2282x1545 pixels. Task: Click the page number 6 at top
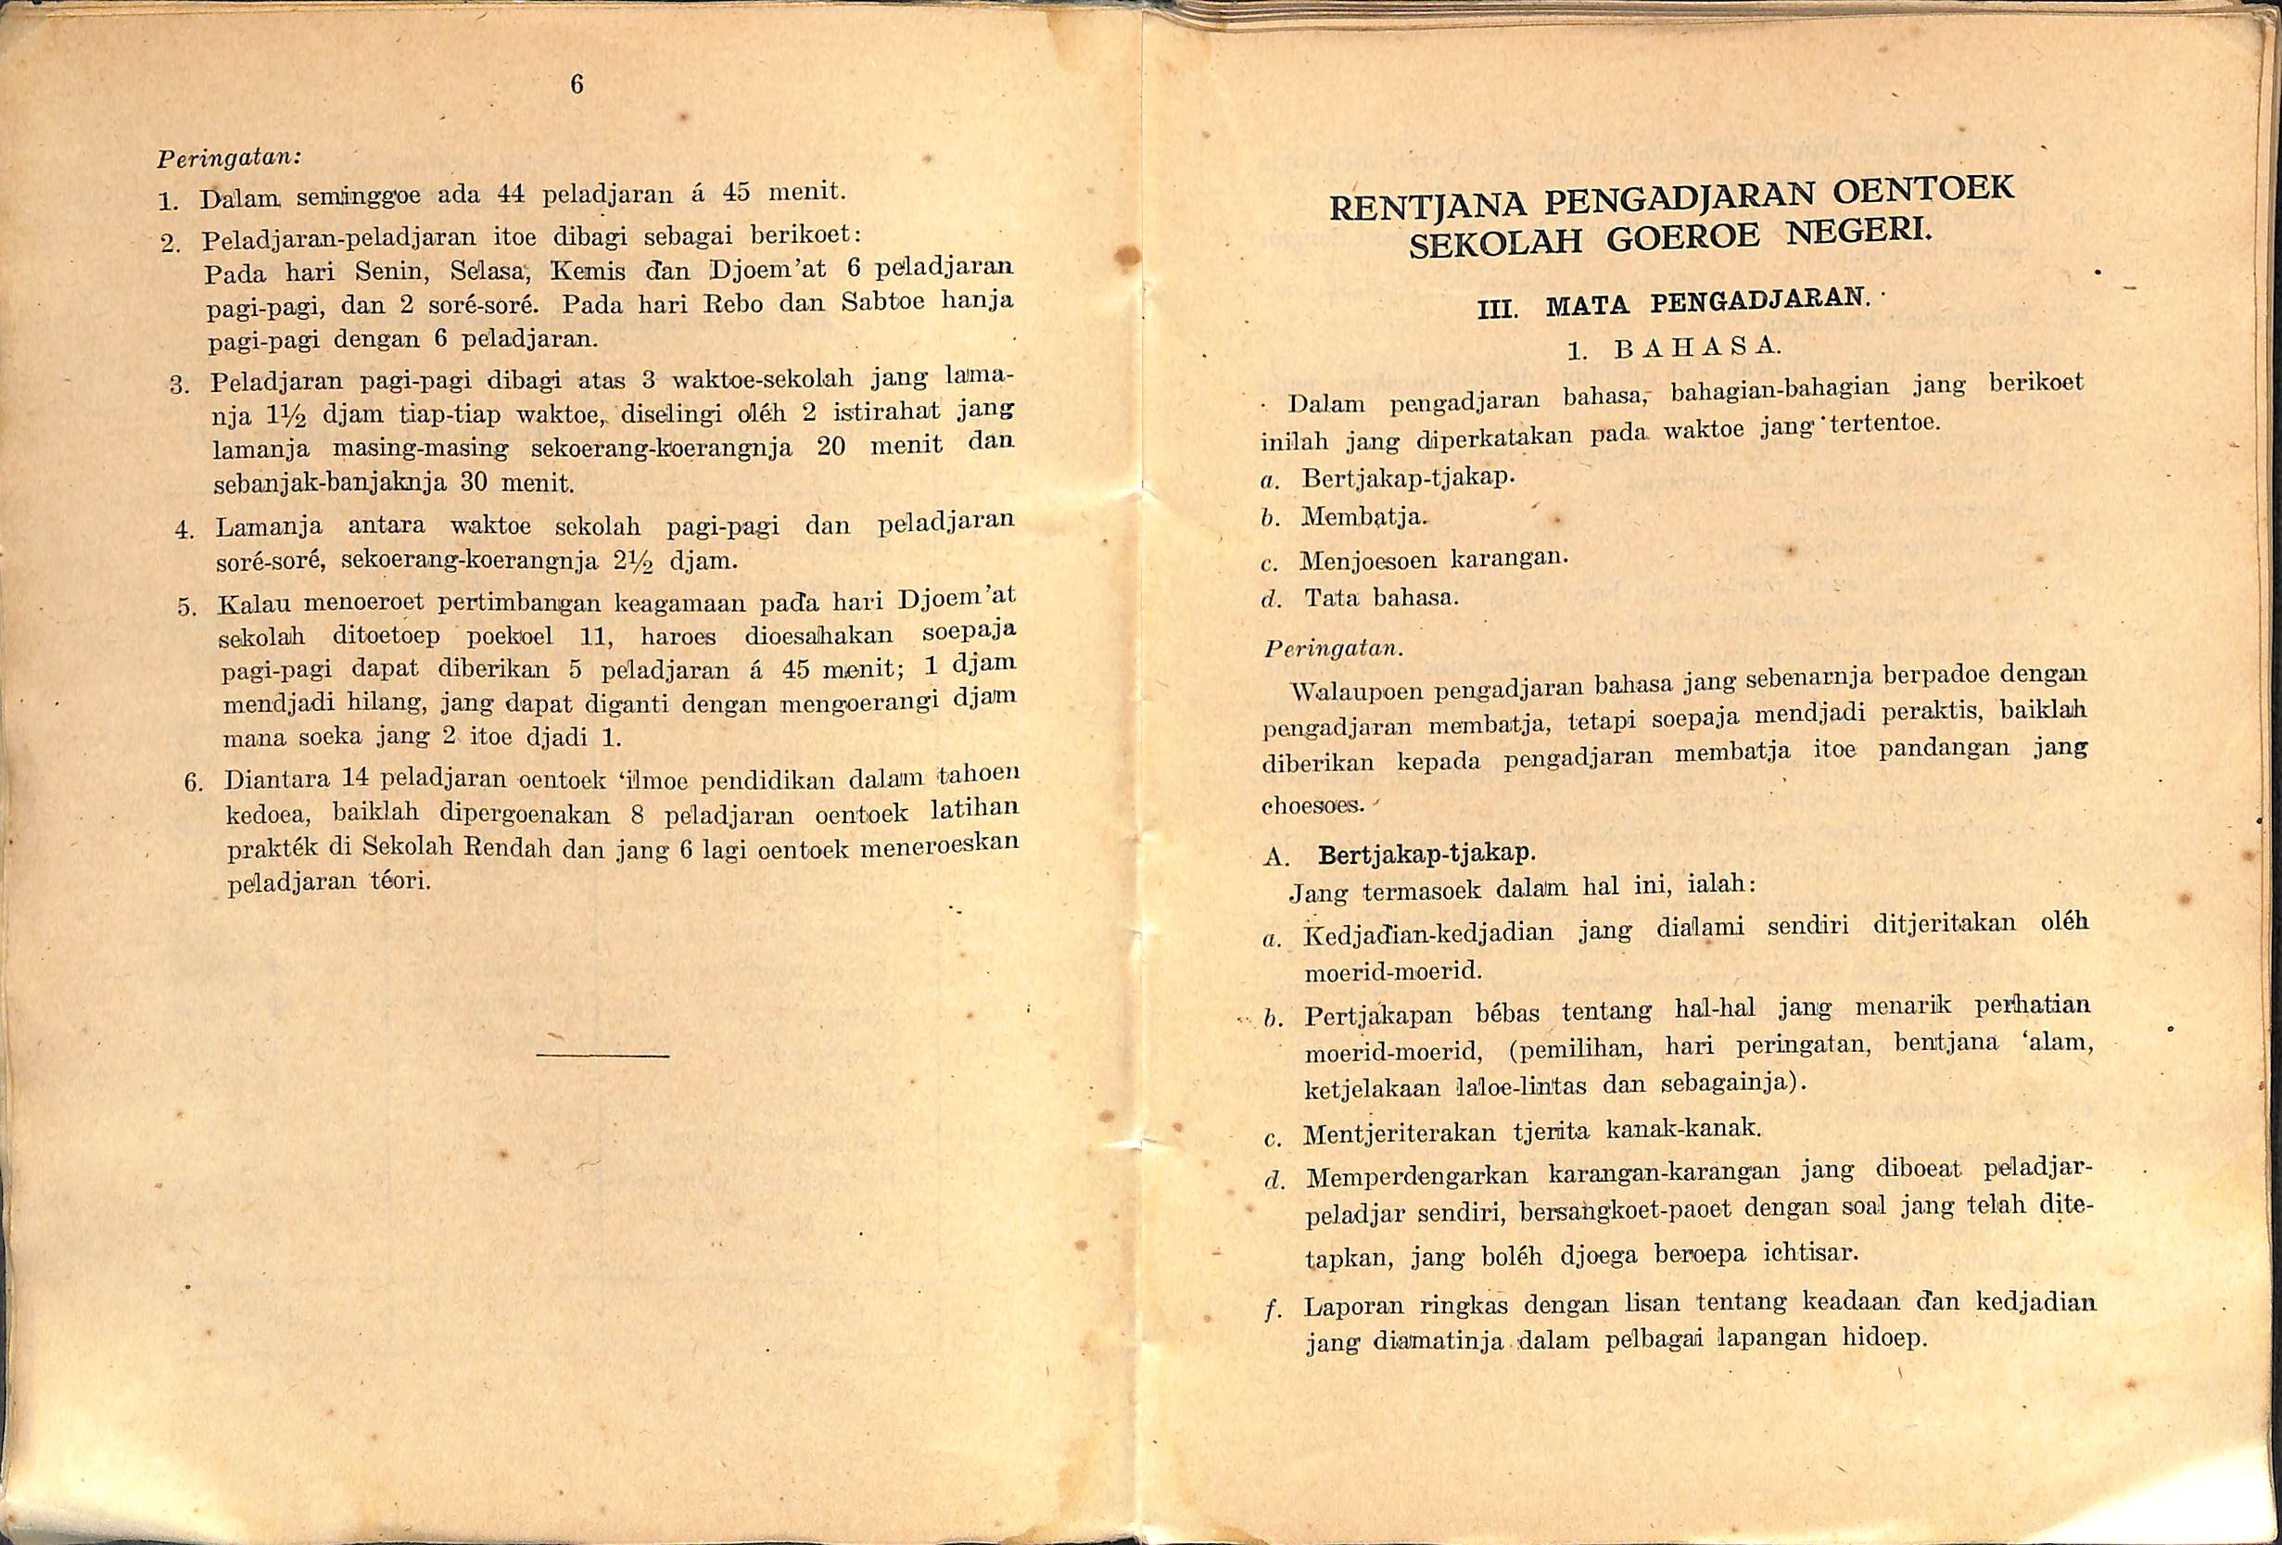tap(577, 86)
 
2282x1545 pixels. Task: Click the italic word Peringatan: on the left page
tap(228, 158)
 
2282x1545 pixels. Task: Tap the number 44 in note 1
tap(509, 194)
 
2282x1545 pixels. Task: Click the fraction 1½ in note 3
tap(285, 415)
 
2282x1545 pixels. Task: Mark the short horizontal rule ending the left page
tap(602, 1057)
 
